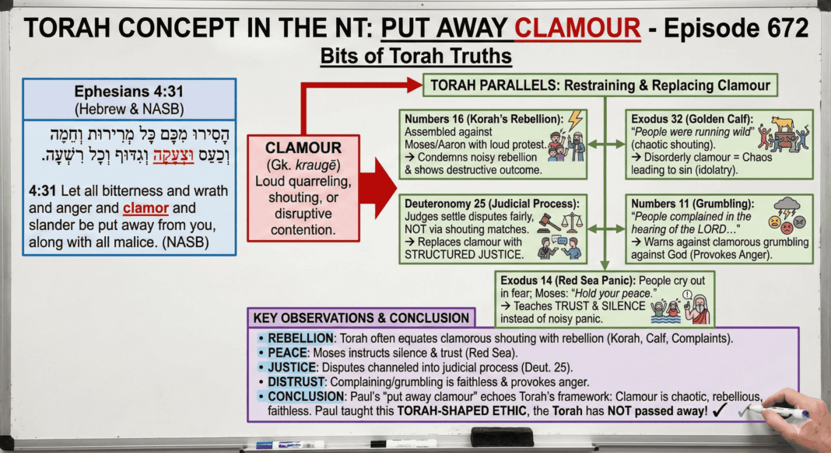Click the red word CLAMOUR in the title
pos(577,28)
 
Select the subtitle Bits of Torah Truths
pos(415,57)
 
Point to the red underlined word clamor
pos(147,208)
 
